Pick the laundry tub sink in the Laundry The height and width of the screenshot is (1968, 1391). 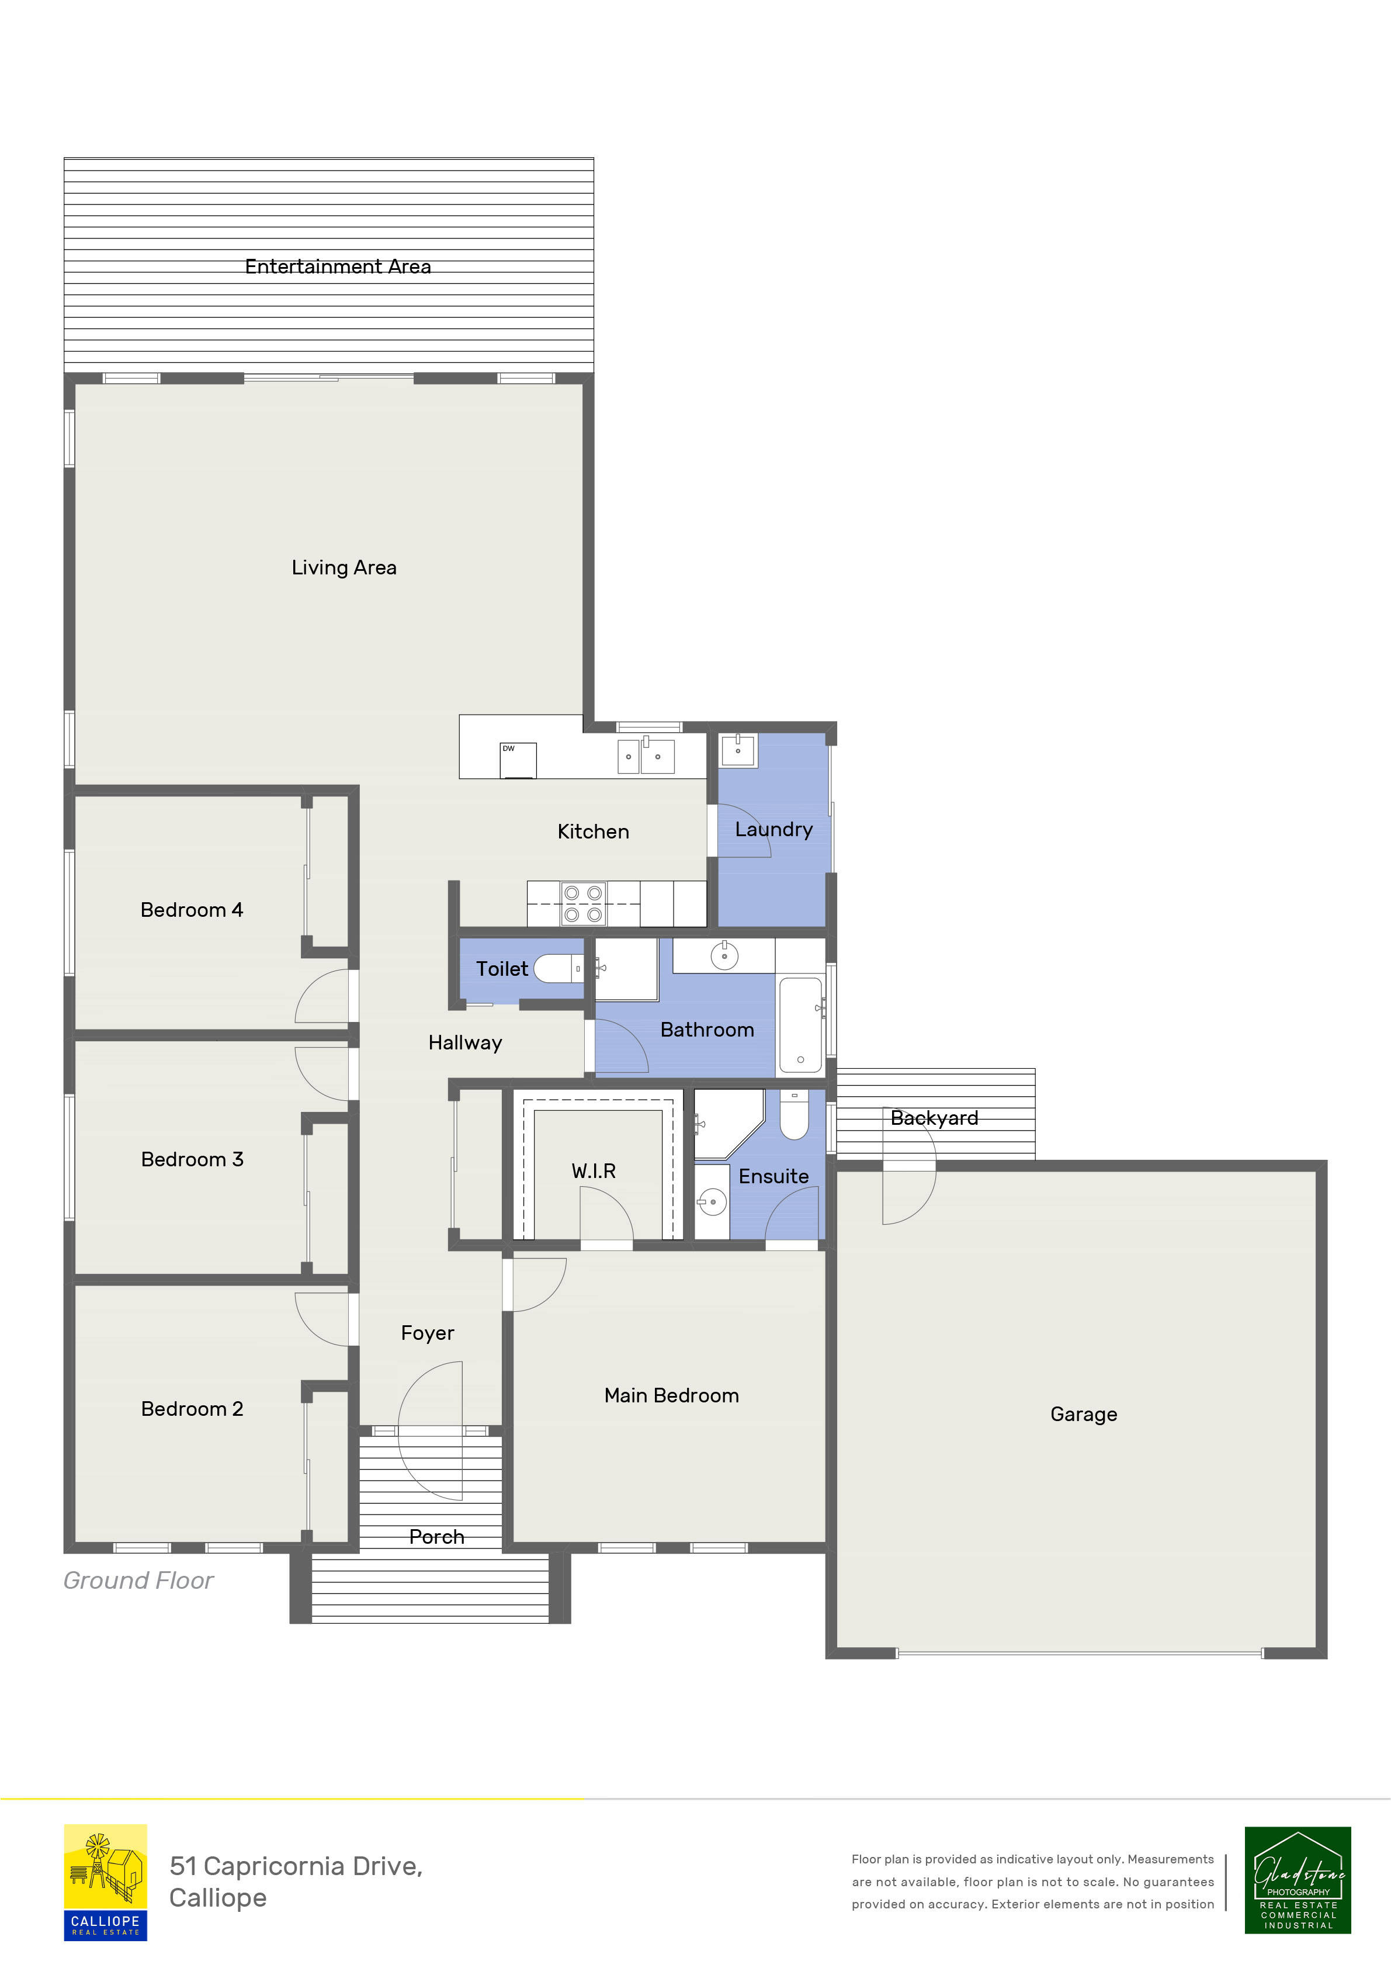pos(737,750)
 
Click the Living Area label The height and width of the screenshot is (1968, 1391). pos(344,567)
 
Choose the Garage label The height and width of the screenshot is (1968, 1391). pos(1083,1414)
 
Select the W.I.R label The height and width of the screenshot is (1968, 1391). pos(593,1171)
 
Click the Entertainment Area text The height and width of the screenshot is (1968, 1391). pos(338,266)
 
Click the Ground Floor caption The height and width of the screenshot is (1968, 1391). pos(138,1581)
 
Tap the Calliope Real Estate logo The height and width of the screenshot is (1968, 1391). pos(105,1882)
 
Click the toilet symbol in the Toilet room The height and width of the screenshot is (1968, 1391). pos(558,969)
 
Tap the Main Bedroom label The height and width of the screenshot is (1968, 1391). pos(671,1395)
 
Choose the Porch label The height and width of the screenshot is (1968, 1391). pos(436,1537)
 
